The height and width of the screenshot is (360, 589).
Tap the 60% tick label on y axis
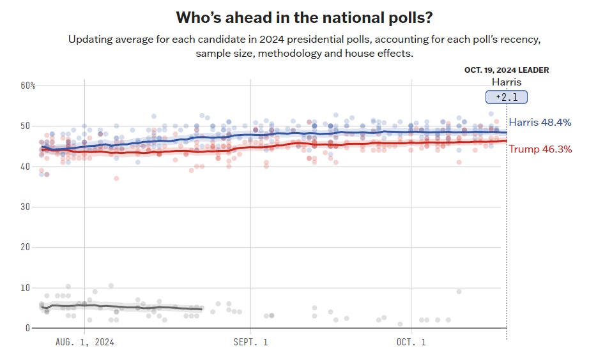point(27,86)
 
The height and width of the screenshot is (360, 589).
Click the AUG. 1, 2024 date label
point(84,342)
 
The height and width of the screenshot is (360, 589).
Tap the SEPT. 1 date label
point(250,342)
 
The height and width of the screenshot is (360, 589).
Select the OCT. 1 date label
point(411,342)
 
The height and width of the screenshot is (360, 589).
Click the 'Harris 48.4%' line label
point(540,123)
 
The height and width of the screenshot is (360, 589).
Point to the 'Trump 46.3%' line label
point(540,149)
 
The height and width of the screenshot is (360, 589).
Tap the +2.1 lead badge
point(506,97)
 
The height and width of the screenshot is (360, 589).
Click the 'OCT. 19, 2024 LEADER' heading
point(506,70)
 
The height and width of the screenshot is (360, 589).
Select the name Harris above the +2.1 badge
point(506,82)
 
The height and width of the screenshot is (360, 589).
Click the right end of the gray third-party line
point(201,309)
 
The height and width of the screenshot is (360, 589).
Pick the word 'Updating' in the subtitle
point(89,40)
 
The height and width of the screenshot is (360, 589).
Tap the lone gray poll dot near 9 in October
point(459,292)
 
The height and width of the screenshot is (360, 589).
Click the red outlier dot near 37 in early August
point(116,179)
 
